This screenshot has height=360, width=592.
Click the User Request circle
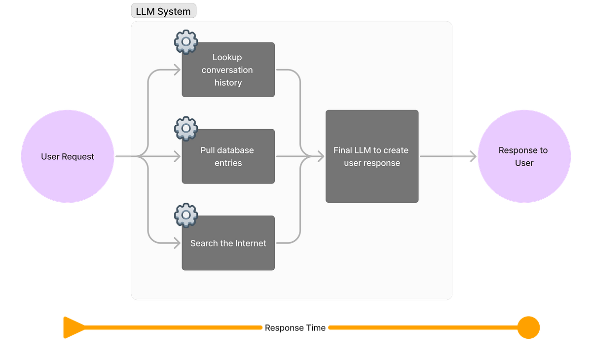coord(68,157)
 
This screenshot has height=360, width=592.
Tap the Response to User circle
coord(524,157)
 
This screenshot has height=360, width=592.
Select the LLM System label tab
coord(163,11)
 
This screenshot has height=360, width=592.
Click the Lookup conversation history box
coord(228,70)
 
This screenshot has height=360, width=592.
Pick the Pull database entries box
coord(228,156)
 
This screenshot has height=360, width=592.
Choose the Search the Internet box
coord(228,243)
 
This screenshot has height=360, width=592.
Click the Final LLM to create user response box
coord(372,156)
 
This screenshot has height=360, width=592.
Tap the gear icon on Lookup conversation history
coord(186,42)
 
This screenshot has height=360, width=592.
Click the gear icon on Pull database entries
coord(186,129)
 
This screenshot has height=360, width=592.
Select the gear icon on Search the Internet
coord(186,216)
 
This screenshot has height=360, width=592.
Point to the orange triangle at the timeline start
coord(73,327)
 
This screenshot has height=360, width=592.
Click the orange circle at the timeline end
coord(528,327)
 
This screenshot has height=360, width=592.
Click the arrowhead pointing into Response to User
coord(472,157)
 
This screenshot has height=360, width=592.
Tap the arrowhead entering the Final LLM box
coord(320,157)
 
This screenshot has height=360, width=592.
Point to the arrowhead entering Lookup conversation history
coord(177,70)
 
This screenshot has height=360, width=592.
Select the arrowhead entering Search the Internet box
coord(177,243)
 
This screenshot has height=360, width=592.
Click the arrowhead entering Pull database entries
coord(177,157)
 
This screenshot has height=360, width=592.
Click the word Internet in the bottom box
coord(251,243)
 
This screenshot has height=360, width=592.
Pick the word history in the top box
coord(228,83)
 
